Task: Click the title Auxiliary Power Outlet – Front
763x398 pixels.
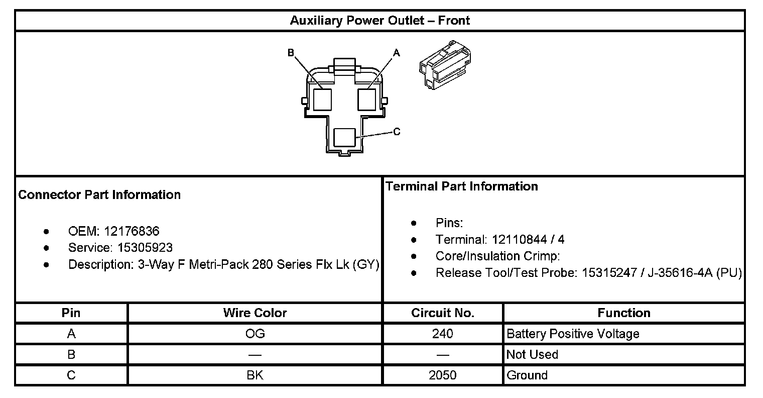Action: coord(379,21)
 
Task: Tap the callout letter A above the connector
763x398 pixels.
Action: coord(396,52)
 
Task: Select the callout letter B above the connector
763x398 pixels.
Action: coord(291,52)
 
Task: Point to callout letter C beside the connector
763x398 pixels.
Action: coord(397,132)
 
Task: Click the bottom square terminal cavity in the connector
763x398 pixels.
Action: coord(344,137)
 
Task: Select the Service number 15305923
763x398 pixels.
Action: coord(145,248)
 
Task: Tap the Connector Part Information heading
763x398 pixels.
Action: coord(99,195)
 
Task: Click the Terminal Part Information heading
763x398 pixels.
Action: coord(461,186)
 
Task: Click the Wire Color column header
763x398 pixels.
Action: coord(255,313)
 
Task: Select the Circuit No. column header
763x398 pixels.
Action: coord(442,313)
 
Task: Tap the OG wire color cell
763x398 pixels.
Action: coord(255,334)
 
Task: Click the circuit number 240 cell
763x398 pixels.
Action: coord(442,334)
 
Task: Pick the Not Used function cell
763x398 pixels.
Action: coord(532,355)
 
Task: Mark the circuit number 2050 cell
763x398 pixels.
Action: coord(442,375)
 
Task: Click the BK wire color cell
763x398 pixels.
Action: coord(255,375)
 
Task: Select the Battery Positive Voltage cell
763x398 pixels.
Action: coord(573,334)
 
